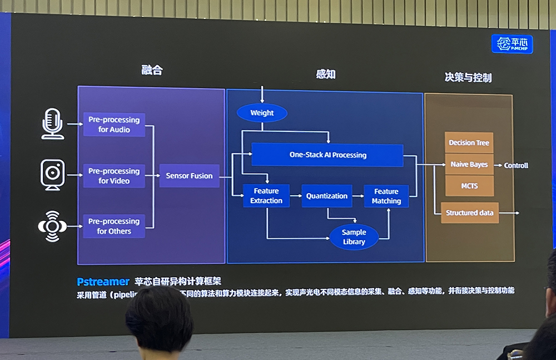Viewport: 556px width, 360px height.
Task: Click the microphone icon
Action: point(52,124)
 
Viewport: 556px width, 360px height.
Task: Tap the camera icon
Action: point(53,174)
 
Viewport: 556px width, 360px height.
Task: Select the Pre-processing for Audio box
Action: point(114,125)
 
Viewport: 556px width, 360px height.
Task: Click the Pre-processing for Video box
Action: point(114,176)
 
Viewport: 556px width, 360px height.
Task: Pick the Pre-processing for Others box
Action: point(114,226)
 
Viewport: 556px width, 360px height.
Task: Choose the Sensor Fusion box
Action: point(189,176)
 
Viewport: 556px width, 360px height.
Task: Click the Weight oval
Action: point(262,113)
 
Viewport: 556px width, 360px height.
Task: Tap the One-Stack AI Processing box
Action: point(327,155)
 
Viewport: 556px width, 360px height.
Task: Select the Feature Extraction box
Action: point(266,196)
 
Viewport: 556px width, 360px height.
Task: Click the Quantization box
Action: point(327,196)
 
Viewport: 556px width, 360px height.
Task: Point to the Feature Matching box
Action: point(386,196)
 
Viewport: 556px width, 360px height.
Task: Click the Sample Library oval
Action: point(354,236)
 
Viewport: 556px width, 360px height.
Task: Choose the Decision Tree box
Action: point(469,143)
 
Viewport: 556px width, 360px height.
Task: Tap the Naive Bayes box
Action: point(469,165)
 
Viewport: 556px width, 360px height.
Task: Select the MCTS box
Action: point(469,186)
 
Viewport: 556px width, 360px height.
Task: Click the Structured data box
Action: point(470,213)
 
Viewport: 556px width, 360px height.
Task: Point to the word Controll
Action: point(516,165)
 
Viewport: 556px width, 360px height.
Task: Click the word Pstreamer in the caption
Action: point(103,282)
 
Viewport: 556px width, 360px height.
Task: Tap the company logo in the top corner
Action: point(512,44)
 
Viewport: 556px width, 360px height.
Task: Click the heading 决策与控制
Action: point(468,77)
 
